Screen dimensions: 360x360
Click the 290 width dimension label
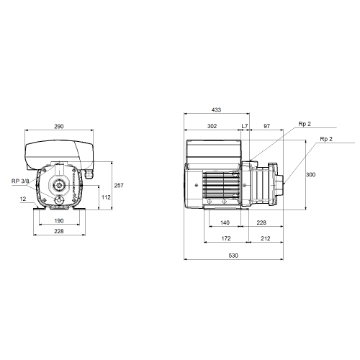point(59,126)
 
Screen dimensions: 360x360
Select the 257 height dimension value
point(119,185)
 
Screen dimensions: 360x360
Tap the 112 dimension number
point(106,197)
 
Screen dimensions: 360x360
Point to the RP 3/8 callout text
point(20,181)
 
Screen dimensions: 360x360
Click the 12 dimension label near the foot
point(23,199)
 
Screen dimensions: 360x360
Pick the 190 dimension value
point(59,220)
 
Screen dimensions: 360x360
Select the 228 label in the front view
point(59,231)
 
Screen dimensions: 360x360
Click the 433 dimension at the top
point(216,109)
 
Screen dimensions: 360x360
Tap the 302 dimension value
point(212,126)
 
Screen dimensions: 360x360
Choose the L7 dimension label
point(245,126)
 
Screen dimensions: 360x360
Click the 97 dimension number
point(267,126)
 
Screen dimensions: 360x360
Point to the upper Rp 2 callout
point(305,124)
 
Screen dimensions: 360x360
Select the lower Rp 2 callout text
point(326,139)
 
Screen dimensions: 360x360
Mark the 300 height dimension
point(310,174)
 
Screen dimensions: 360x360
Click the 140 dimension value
point(225,222)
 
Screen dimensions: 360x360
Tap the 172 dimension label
point(226,238)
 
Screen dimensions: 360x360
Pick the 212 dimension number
point(266,238)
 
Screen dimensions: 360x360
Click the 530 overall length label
point(233,256)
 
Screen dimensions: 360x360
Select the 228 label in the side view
point(261,222)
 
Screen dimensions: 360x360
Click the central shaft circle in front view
point(58,185)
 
